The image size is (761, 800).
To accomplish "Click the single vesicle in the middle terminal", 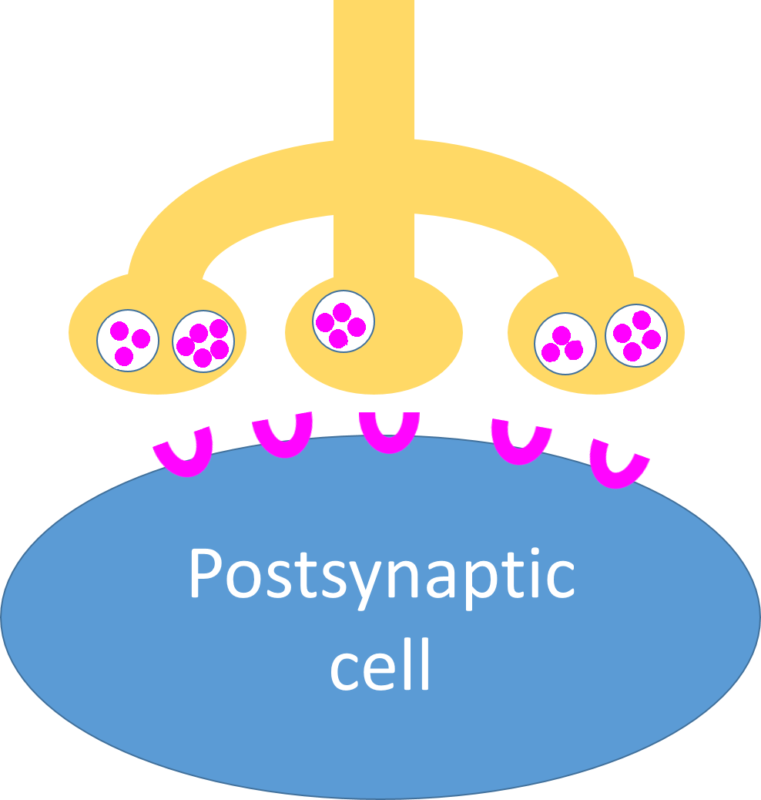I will coord(344,321).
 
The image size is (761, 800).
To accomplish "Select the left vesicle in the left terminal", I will coord(128,341).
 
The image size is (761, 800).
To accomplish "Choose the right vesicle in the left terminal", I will coord(203,341).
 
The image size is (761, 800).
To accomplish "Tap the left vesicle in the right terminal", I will coord(565,344).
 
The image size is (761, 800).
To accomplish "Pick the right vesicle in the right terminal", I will coord(636,335).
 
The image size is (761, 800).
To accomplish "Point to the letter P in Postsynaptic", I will coord(205,575).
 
